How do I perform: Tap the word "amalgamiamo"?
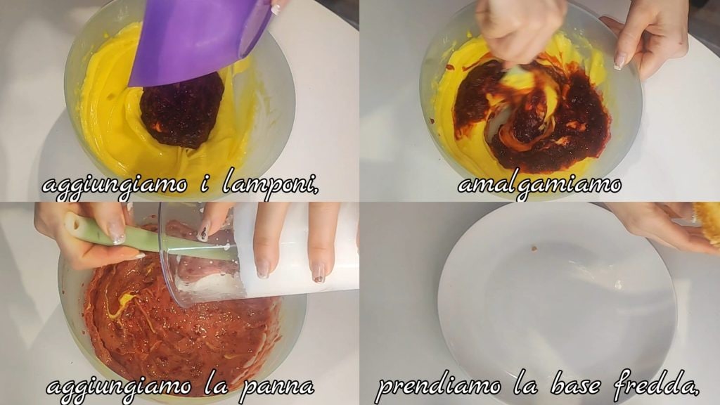[539, 185]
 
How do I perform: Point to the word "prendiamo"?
[438, 387]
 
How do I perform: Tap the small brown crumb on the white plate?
[534, 248]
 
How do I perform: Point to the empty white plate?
[557, 303]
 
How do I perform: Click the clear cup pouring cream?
[257, 252]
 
